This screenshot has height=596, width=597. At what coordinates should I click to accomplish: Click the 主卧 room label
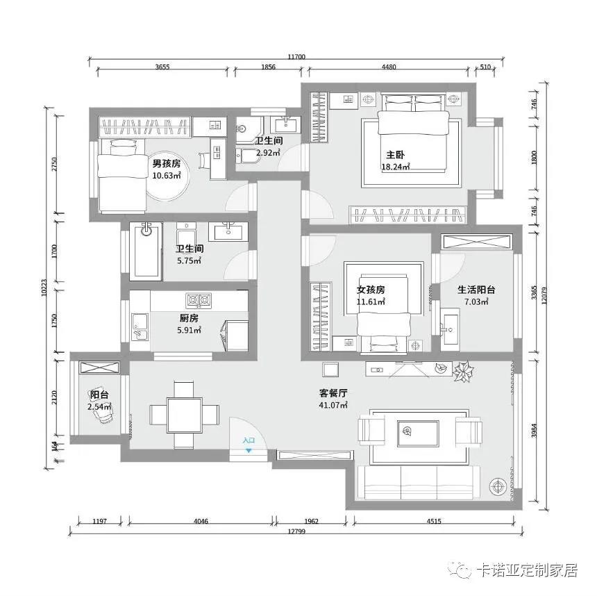395,155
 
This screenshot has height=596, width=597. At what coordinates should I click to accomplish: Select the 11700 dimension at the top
296,57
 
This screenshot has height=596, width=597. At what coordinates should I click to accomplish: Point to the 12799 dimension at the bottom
296,531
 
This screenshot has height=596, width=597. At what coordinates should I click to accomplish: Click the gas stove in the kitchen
199,300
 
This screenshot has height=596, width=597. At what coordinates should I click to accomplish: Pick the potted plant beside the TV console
463,371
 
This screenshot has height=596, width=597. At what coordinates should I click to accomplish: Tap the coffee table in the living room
418,433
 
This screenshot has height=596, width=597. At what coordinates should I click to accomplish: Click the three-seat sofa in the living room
418,482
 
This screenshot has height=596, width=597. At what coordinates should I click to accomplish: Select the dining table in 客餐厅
185,415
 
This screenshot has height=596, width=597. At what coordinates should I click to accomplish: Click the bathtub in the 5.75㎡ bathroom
146,250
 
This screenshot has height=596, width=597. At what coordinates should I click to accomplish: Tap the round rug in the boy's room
167,179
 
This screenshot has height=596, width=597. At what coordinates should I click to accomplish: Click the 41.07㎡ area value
333,405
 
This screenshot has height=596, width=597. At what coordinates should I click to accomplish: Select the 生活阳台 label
476,290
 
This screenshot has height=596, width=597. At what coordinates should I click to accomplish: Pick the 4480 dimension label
389,67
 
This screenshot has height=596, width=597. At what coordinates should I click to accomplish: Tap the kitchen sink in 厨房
140,326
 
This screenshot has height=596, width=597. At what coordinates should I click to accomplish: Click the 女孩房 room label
371,290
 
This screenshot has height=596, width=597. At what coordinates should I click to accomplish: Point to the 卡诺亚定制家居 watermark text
527,570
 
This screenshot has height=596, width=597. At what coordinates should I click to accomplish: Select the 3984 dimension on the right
535,431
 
